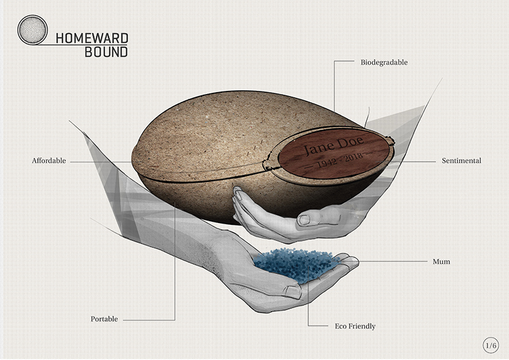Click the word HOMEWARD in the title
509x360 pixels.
pyautogui.click(x=91, y=37)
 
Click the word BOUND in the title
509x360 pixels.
pyautogui.click(x=106, y=52)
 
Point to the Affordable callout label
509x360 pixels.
pyautogui.click(x=49, y=161)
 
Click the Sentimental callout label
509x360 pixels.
pyautogui.click(x=461, y=161)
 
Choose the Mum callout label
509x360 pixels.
pyautogui.click(x=441, y=262)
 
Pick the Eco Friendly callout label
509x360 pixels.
pyautogui.click(x=351, y=326)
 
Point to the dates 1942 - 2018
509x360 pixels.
pyautogui.click(x=330, y=163)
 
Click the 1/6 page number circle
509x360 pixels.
pyautogui.click(x=491, y=344)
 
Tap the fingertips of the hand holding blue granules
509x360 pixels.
pyautogui.click(x=352, y=267)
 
